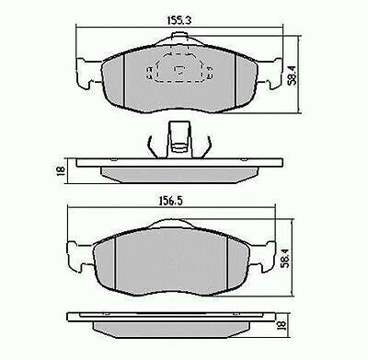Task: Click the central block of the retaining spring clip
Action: [178, 138]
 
